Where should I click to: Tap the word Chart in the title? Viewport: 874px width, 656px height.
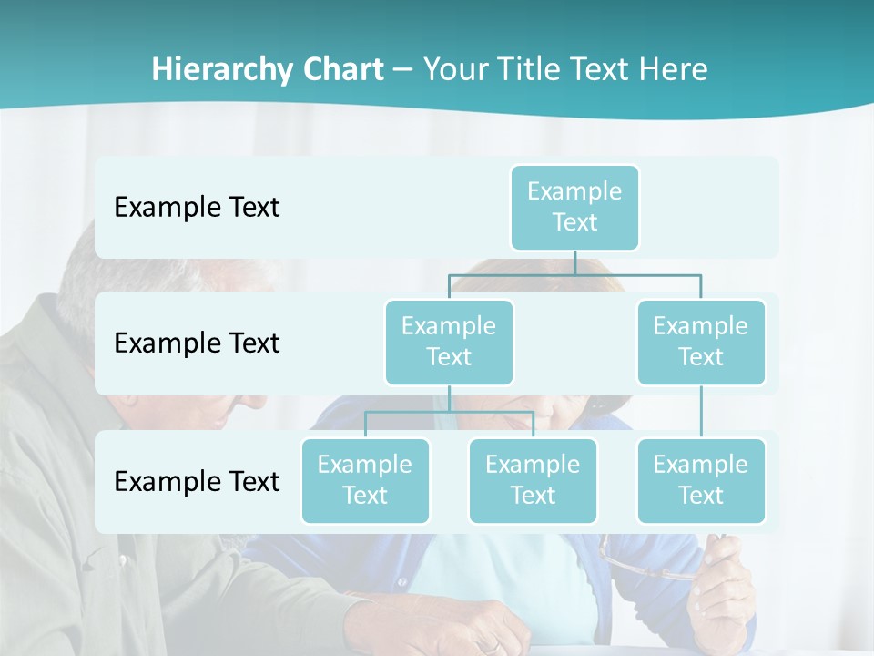click(341, 70)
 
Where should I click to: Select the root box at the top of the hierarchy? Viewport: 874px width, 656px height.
click(574, 207)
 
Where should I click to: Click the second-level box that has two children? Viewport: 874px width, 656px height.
click(449, 342)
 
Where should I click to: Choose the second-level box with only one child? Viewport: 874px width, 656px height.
click(701, 342)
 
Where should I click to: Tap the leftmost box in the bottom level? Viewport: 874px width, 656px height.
click(365, 480)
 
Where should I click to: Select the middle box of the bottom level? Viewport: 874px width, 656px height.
click(533, 480)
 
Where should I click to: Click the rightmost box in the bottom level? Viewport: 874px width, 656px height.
click(701, 480)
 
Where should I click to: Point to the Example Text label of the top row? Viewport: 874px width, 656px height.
click(197, 208)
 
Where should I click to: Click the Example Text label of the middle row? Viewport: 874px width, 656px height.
click(197, 343)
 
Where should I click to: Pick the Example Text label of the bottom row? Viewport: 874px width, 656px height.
click(197, 481)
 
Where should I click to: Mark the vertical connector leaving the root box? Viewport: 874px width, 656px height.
click(574, 262)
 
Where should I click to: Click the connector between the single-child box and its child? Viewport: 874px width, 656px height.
click(701, 412)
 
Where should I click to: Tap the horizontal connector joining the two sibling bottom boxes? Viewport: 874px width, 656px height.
click(449, 412)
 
